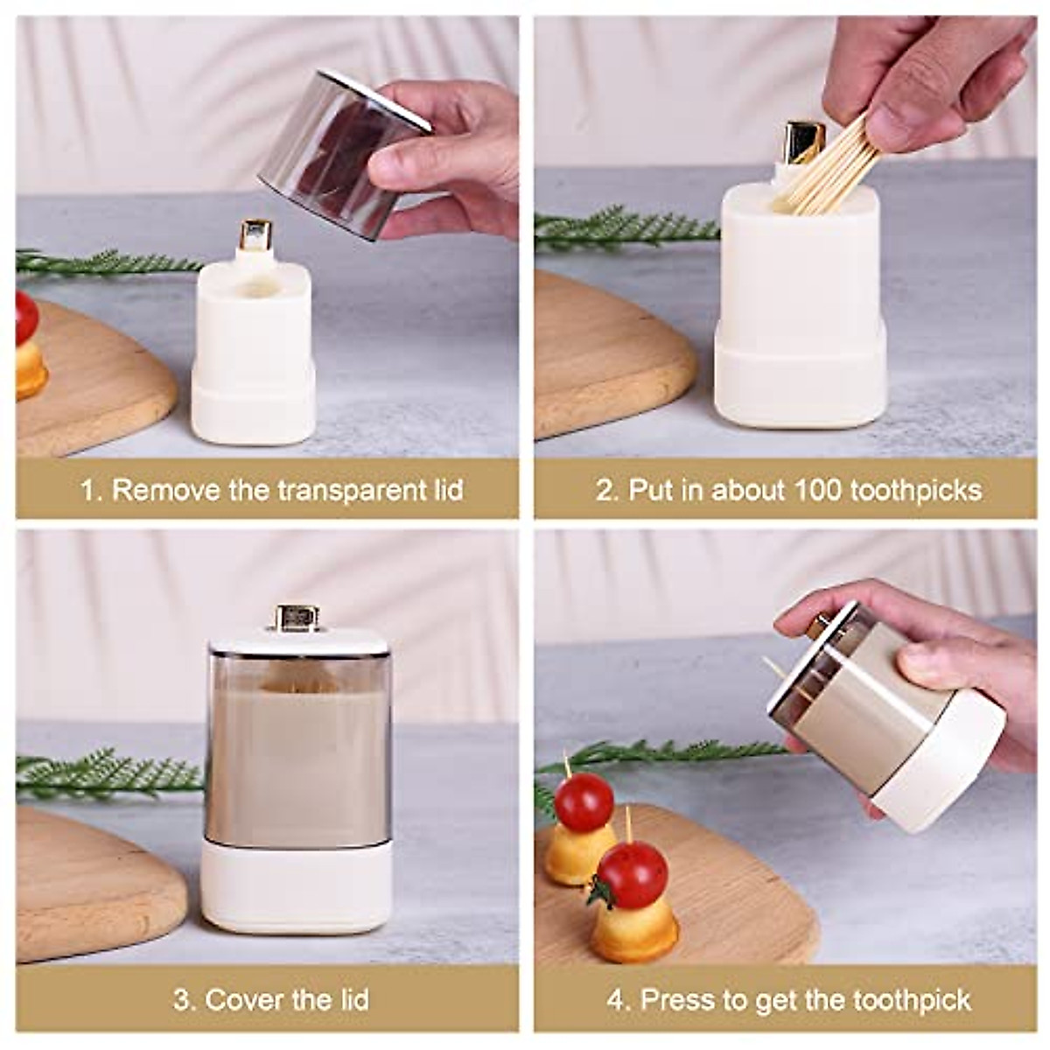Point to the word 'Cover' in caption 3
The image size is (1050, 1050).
tap(243, 999)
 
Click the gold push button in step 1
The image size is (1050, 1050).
tap(255, 235)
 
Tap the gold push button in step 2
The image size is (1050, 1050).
tap(802, 143)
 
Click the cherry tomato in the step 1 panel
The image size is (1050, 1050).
tap(26, 317)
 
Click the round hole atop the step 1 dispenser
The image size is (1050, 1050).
tap(255, 286)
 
